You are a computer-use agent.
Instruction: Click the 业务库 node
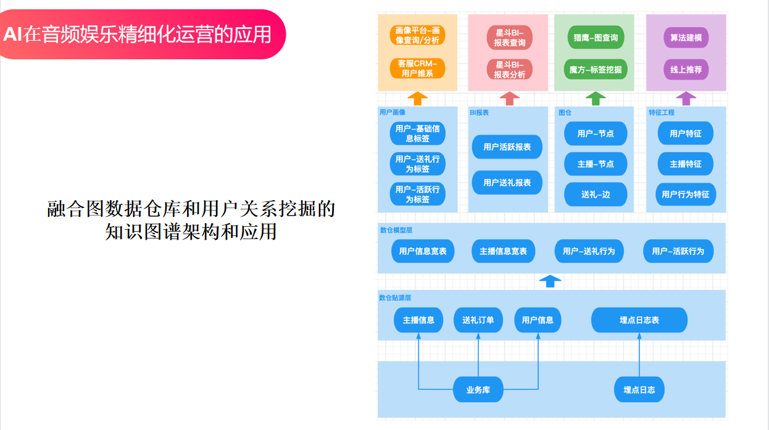pyautogui.click(x=478, y=390)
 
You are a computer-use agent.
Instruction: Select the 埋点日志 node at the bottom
pyautogui.click(x=639, y=390)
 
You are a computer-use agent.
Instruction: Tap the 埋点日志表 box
pyautogui.click(x=639, y=320)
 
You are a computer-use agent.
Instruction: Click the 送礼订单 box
pyautogui.click(x=478, y=320)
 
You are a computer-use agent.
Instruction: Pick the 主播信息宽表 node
pyautogui.click(x=503, y=251)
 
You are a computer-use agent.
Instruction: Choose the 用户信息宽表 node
pyautogui.click(x=423, y=251)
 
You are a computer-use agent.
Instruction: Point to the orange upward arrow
pyautogui.click(x=418, y=98)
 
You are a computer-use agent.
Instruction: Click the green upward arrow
pyautogui.click(x=595, y=98)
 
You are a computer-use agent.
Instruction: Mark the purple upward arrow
pyautogui.click(x=685, y=98)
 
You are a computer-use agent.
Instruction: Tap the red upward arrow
pyautogui.click(x=509, y=98)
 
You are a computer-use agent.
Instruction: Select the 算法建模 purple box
pyautogui.click(x=686, y=38)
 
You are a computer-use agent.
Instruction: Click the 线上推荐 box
pyautogui.click(x=686, y=69)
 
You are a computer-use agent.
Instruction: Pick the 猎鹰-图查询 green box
pyautogui.click(x=595, y=38)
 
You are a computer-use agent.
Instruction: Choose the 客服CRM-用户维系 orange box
pyautogui.click(x=418, y=69)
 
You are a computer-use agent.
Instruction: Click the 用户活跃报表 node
pyautogui.click(x=507, y=147)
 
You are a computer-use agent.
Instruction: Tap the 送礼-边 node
pyautogui.click(x=595, y=194)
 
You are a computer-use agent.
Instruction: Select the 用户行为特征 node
pyautogui.click(x=685, y=194)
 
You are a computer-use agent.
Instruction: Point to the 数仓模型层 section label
pyautogui.click(x=396, y=230)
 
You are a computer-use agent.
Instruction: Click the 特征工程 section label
pyautogui.click(x=661, y=112)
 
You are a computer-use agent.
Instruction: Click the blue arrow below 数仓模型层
pyautogui.click(x=550, y=281)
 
